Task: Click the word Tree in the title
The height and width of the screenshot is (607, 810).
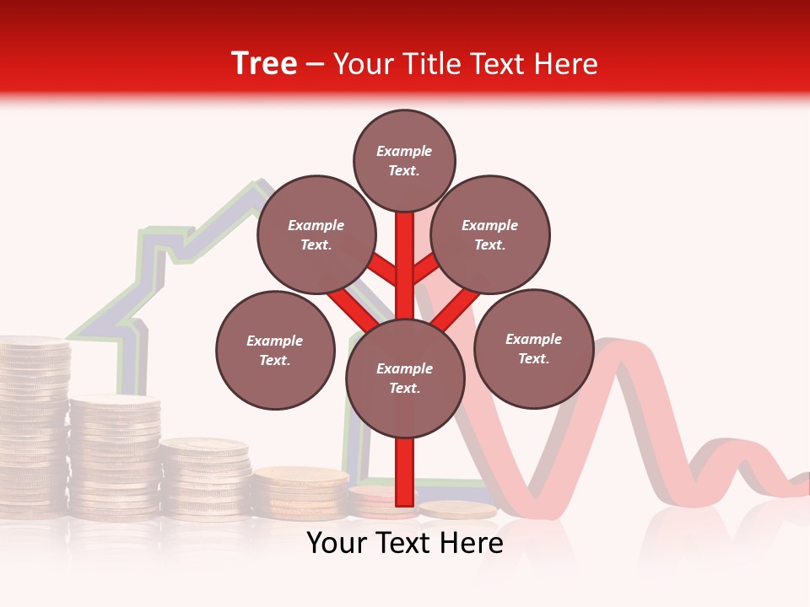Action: point(264,63)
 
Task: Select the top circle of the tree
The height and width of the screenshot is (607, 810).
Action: point(404,160)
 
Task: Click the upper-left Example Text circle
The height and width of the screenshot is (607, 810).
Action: point(316,234)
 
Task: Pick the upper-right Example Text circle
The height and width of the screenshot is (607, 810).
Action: point(490,234)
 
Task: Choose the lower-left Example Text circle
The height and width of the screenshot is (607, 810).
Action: point(275,350)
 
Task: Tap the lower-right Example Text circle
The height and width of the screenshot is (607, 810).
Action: point(533,348)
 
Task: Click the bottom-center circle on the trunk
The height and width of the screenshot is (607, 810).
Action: point(405,379)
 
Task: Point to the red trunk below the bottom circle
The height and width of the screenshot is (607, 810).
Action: point(405,471)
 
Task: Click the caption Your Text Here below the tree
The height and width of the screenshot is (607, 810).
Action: point(405,544)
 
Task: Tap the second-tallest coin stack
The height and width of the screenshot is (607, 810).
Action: point(115,455)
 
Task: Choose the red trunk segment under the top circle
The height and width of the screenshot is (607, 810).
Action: point(405,253)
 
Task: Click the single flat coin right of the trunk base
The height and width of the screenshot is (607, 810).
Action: point(457,509)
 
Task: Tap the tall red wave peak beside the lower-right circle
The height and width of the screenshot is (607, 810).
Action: point(620,354)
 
